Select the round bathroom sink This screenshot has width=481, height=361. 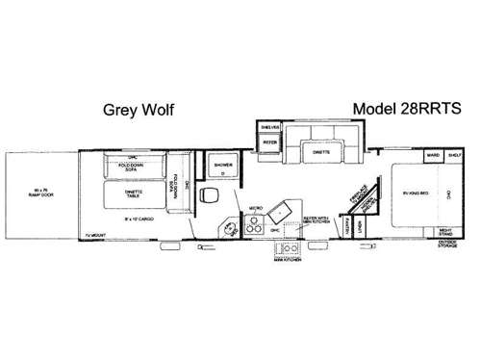pyautogui.click(x=231, y=228)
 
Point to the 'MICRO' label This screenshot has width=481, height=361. pyautogui.click(x=256, y=207)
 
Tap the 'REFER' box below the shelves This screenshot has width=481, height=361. pyautogui.click(x=269, y=145)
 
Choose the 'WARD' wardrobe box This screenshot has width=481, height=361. pyautogui.click(x=433, y=154)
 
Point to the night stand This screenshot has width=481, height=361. pyautogui.click(x=446, y=231)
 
